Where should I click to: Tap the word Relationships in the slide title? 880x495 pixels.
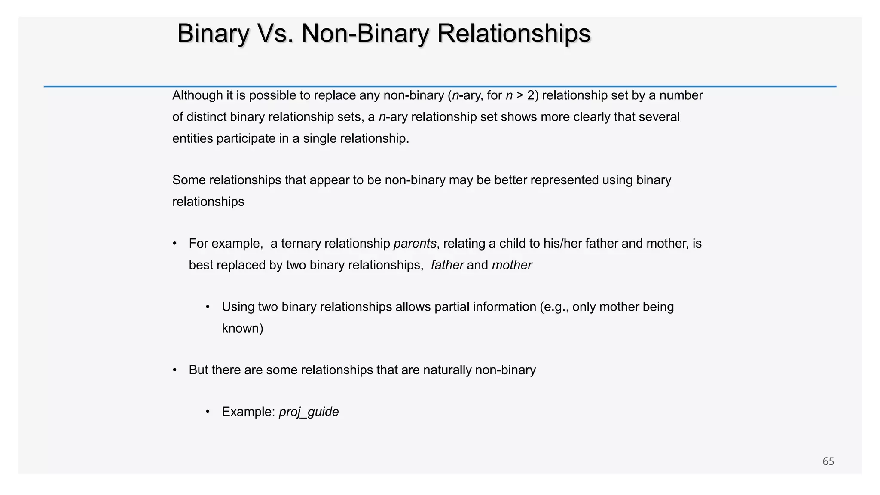(514, 34)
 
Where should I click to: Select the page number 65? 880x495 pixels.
(828, 461)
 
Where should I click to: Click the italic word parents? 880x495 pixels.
(415, 244)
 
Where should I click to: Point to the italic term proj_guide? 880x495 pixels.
(309, 412)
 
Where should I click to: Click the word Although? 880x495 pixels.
(198, 95)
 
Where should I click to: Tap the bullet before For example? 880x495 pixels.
(175, 244)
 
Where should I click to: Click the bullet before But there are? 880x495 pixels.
(175, 370)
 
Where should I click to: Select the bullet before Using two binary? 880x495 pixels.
(208, 307)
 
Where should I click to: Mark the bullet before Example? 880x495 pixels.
(208, 412)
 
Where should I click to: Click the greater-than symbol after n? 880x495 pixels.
(519, 95)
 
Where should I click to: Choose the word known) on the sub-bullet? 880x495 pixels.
(242, 328)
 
